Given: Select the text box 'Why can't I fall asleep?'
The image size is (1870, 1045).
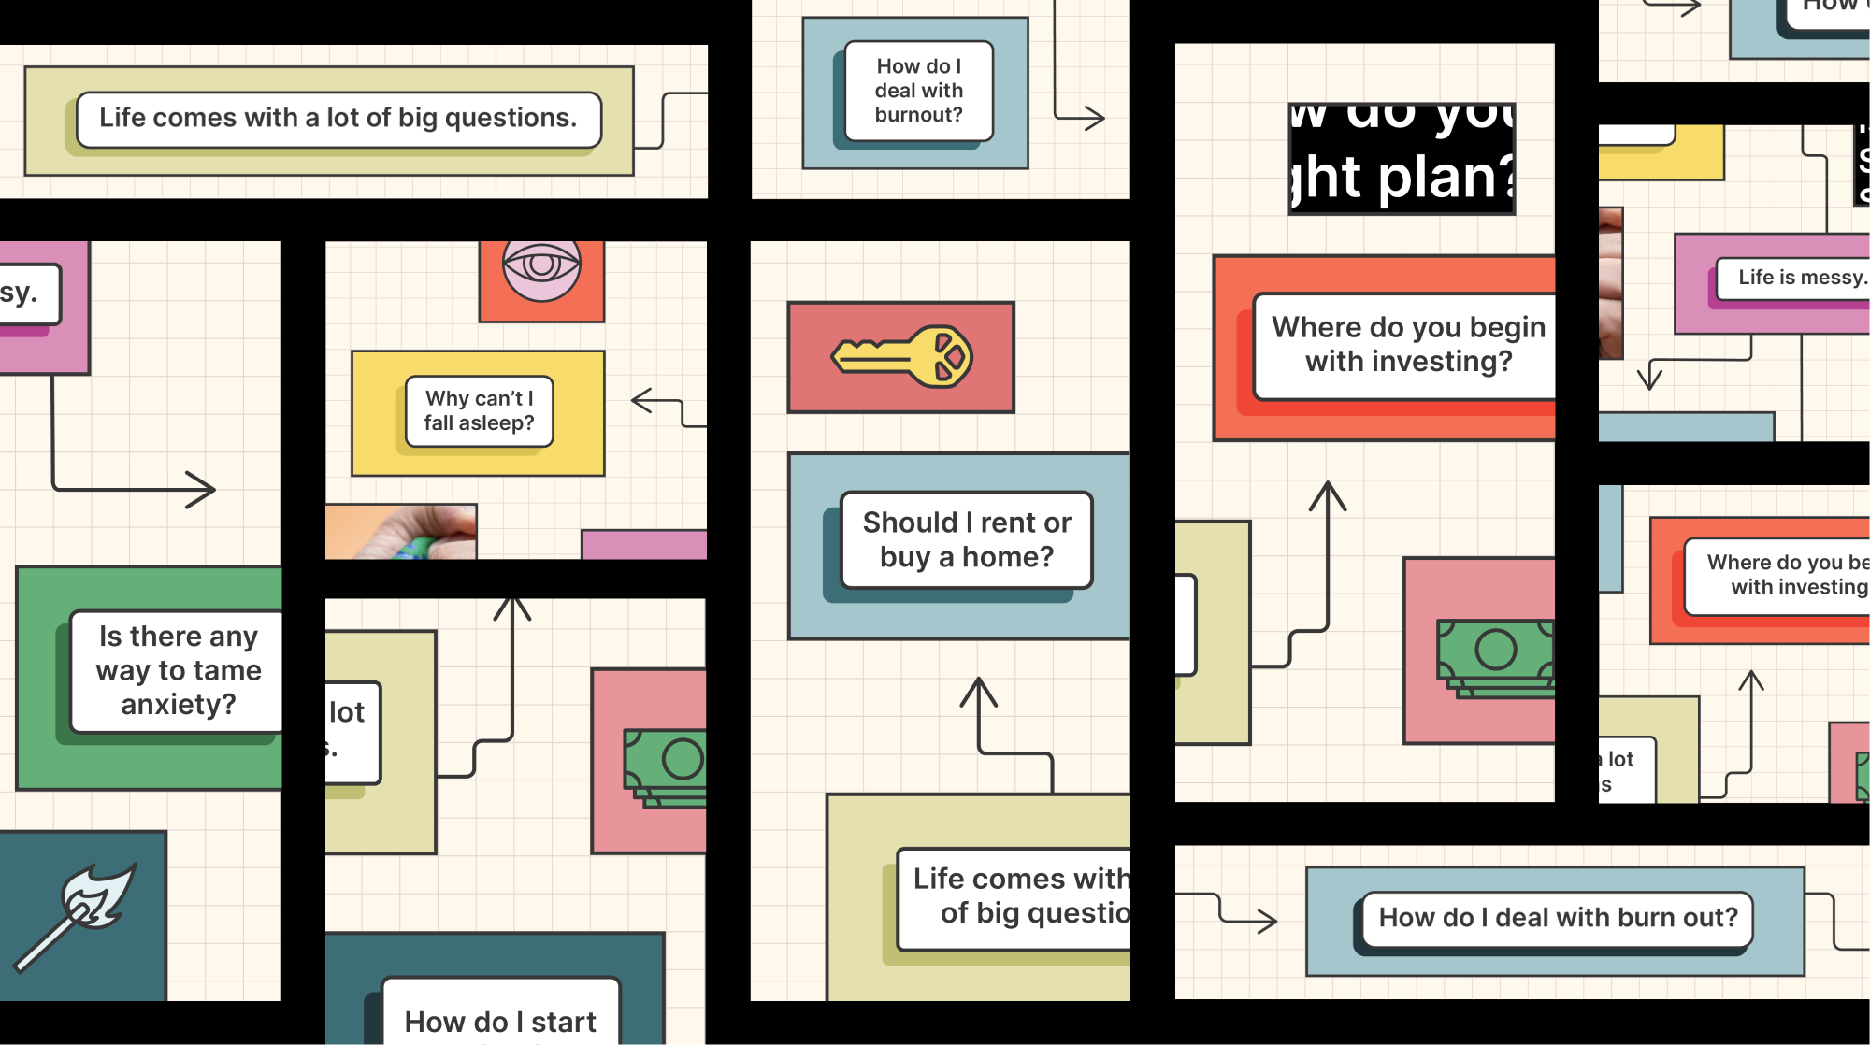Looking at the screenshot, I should [479, 411].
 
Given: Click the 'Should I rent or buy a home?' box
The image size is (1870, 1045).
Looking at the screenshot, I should [966, 540].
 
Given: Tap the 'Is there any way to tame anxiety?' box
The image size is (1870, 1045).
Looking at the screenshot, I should [178, 670].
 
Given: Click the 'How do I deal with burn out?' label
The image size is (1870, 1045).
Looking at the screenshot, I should [1557, 918].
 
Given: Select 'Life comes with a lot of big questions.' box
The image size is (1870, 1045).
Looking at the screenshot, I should [338, 119].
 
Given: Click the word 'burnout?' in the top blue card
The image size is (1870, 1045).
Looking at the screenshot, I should [918, 115].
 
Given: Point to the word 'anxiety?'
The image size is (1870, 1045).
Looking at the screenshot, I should [178, 705].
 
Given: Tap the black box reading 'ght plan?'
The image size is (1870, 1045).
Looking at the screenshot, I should [1401, 159].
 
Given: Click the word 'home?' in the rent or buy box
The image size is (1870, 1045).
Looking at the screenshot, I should [1007, 558].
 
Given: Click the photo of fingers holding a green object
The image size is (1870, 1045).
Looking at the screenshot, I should [401, 532].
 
